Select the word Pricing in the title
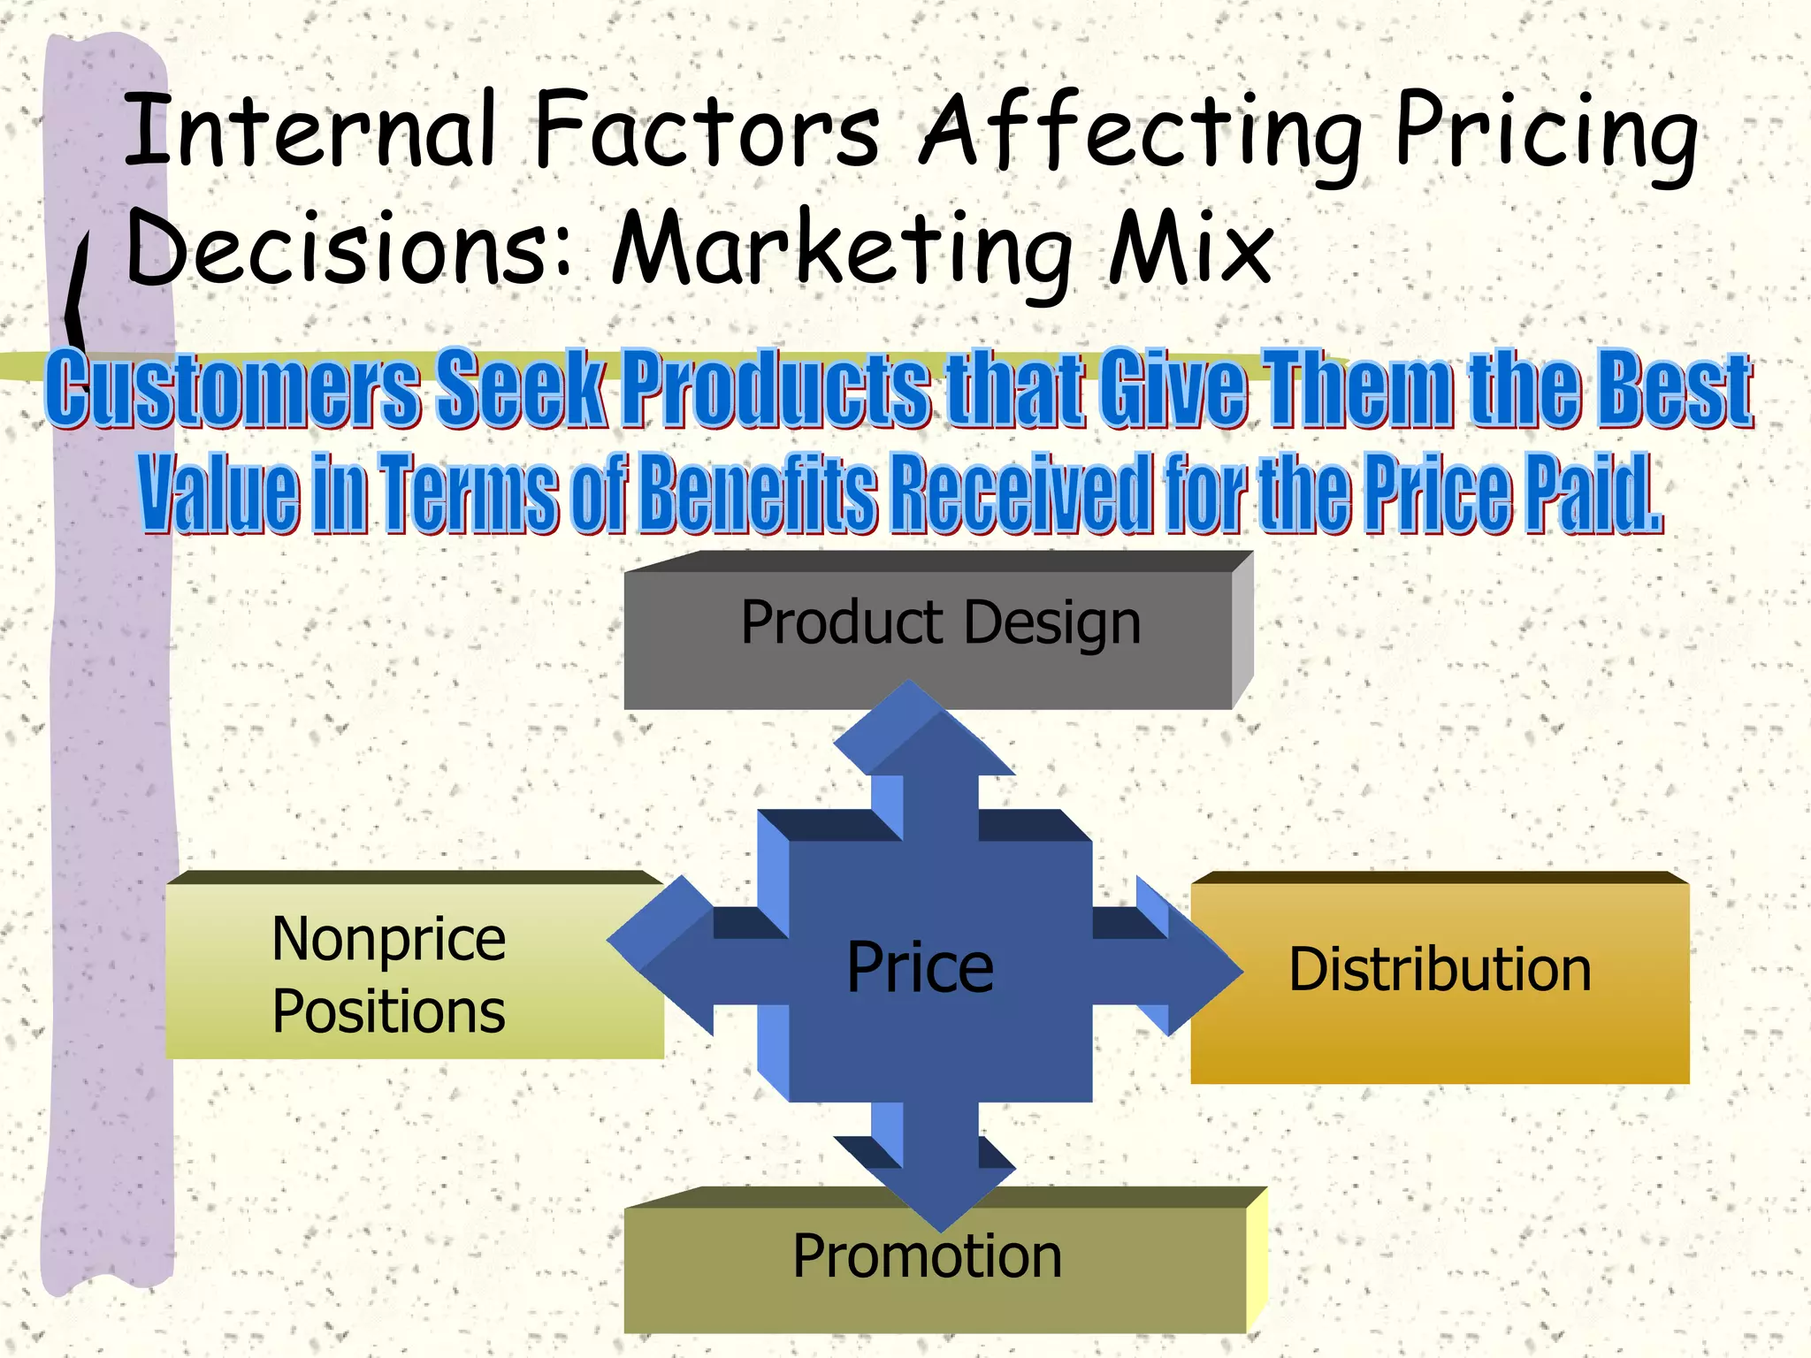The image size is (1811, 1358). point(1546,134)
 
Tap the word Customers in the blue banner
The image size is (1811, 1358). point(233,387)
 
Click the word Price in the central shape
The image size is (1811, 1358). point(920,967)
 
